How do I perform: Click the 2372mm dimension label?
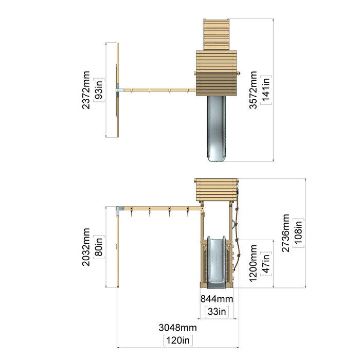86,90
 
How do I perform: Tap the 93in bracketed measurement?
99,90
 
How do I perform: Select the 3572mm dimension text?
253,90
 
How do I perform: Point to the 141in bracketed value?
266,90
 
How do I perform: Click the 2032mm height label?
86,247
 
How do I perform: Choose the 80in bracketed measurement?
99,247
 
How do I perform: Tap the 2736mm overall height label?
285,233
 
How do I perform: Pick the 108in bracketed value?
298,233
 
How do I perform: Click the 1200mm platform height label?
253,263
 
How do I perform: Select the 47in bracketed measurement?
266,263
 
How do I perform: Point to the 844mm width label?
217,299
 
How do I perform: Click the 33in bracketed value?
217,312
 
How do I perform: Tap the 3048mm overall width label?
178,328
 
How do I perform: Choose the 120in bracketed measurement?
178,340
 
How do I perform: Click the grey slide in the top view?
217,129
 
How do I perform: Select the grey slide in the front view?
217,262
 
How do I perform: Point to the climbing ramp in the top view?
217,34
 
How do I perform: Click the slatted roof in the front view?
217,190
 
